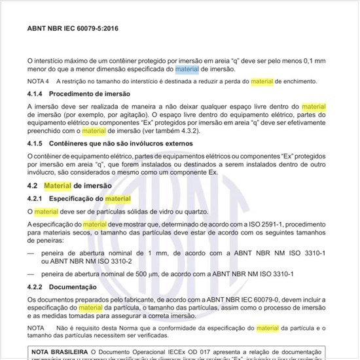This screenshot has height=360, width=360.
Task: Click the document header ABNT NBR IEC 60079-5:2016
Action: tap(73, 29)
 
